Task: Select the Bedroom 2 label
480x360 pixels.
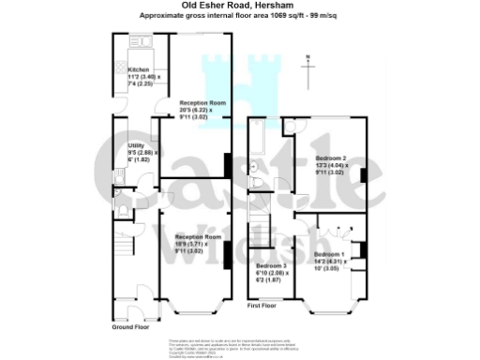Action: point(331,158)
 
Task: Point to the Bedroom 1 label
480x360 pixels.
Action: point(329,255)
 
